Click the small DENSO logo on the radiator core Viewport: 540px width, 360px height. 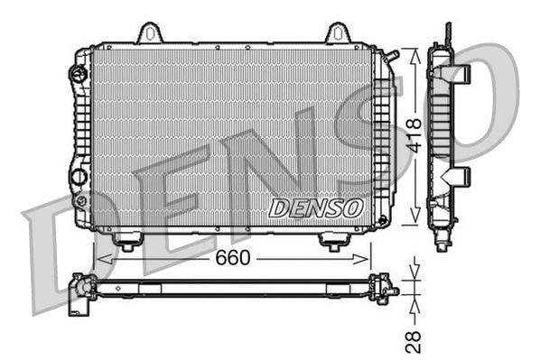(317, 208)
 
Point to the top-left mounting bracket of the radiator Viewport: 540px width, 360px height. (153, 33)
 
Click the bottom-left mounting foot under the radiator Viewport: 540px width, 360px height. (126, 242)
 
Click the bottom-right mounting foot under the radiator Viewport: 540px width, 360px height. (333, 242)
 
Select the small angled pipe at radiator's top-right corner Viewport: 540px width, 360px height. (391, 58)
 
